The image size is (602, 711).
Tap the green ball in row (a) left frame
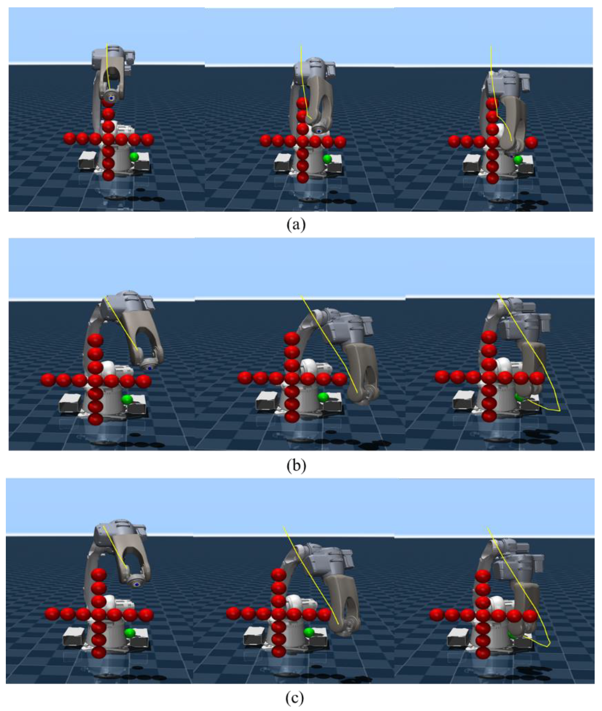134,157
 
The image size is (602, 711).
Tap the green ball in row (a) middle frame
327,159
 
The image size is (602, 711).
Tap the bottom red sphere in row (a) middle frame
303,177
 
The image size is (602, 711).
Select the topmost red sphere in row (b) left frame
96,340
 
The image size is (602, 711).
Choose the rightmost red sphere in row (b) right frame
538,378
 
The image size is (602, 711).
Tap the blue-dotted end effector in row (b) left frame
150,368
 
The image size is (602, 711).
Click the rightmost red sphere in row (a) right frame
531,143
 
